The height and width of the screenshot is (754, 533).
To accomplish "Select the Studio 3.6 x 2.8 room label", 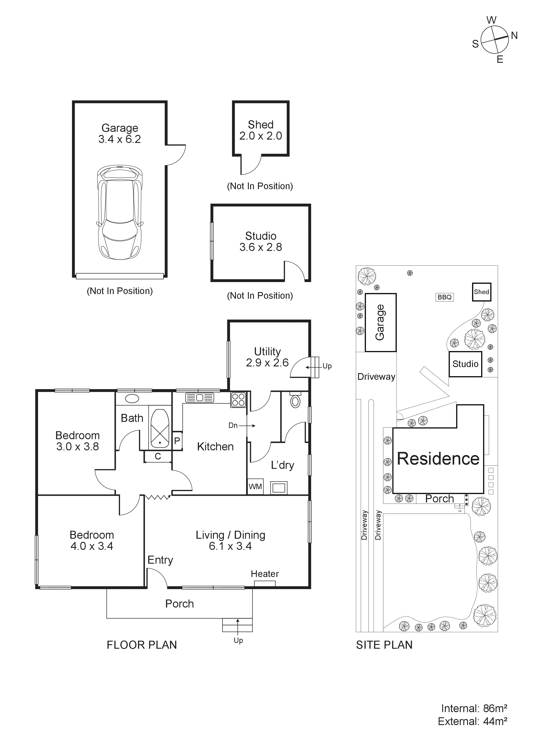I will point(261,241).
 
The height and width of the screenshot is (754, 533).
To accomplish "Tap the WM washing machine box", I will point(255,486).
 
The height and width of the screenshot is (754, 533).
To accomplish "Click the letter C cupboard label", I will point(158,456).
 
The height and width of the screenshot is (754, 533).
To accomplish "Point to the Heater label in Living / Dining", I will point(265,574).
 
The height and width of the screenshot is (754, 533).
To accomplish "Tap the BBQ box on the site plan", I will point(445,297).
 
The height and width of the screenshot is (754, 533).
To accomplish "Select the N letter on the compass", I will point(514,35).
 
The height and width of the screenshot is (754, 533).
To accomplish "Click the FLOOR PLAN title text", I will point(142,645).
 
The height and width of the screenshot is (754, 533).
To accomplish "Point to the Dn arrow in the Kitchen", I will point(246,426).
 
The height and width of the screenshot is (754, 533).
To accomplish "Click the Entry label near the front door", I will point(160,560).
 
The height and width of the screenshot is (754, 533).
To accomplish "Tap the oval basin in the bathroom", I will point(132,399).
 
